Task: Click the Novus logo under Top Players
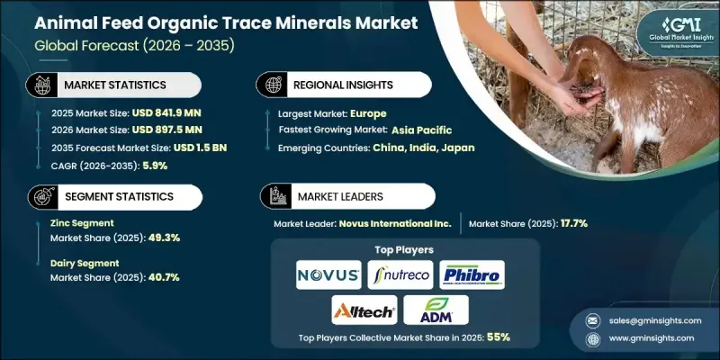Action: tap(328, 274)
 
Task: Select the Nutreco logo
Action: tap(399, 274)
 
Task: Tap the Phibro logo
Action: tap(472, 274)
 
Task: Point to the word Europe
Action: tap(369, 114)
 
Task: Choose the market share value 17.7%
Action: tap(570, 222)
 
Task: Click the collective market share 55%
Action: tap(499, 338)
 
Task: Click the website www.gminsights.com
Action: tap(652, 338)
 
